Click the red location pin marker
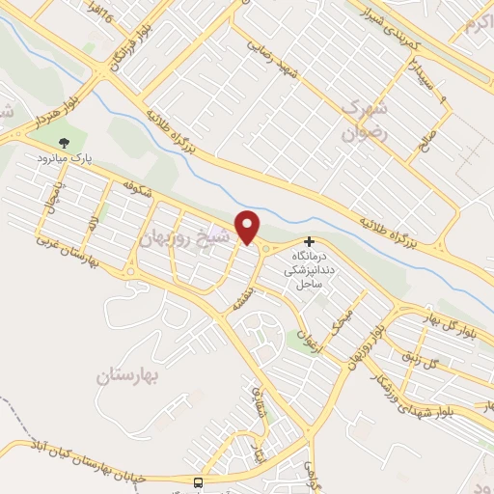click(249, 227)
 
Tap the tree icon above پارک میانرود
click(65, 142)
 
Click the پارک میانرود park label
click(65, 156)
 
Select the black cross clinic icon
click(309, 241)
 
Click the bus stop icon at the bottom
click(198, 480)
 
